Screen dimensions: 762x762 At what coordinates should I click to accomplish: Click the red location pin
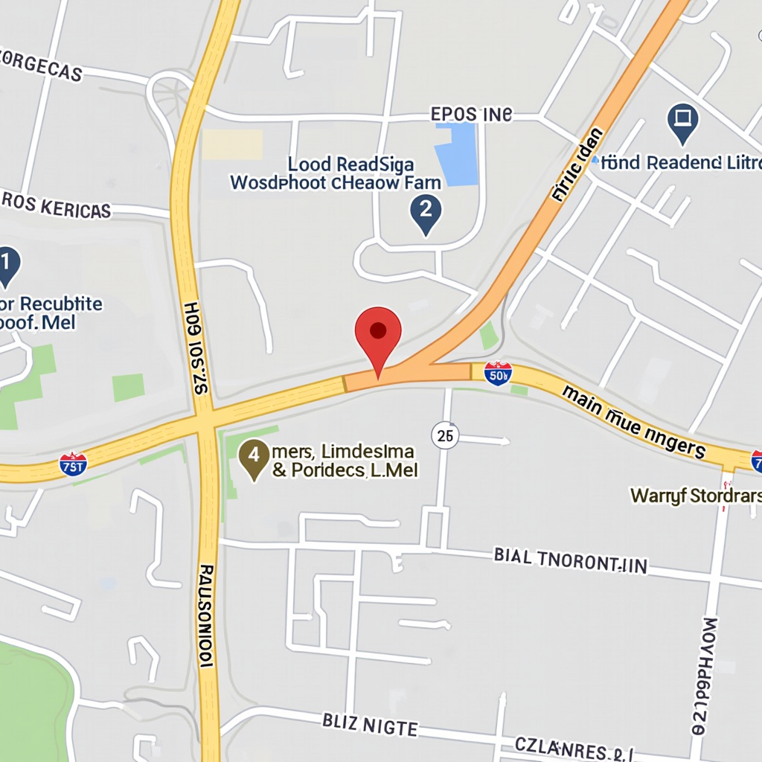point(378,333)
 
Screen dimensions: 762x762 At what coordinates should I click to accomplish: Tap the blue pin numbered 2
point(426,211)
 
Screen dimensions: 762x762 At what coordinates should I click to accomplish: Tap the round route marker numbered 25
point(445,435)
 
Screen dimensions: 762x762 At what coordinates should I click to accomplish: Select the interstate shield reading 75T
point(73,464)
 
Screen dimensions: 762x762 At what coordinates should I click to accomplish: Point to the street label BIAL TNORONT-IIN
point(570,560)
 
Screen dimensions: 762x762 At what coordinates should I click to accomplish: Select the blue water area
point(455,154)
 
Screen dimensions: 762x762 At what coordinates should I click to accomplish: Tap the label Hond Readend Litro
point(681,162)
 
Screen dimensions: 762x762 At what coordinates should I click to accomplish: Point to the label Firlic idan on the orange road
point(577,165)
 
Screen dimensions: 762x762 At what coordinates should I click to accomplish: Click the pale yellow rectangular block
point(232,144)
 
